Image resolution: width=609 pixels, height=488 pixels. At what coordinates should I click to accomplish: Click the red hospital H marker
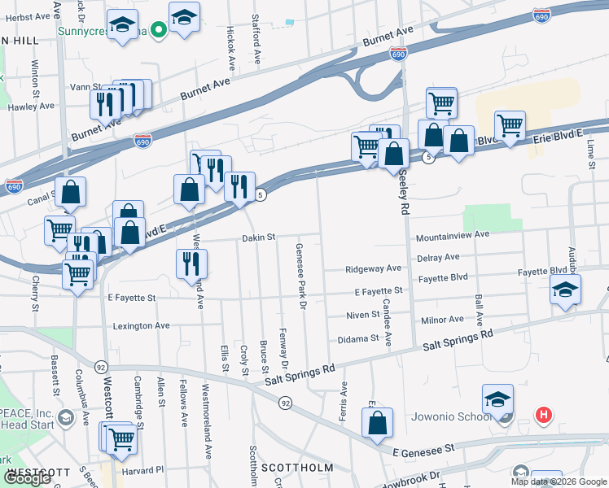545,416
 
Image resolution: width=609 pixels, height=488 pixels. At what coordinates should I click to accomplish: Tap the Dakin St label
259,237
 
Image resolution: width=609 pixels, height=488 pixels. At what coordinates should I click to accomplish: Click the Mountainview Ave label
452,235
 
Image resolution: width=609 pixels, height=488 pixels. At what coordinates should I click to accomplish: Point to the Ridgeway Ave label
373,268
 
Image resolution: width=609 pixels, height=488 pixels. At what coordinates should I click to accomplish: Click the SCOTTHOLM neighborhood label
297,468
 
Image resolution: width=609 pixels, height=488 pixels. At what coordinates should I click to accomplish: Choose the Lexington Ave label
142,325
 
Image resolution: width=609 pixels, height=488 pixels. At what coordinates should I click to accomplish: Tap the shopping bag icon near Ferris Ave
377,424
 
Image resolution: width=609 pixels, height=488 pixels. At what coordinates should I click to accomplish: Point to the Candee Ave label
388,322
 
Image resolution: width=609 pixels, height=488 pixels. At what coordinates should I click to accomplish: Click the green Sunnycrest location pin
160,32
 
